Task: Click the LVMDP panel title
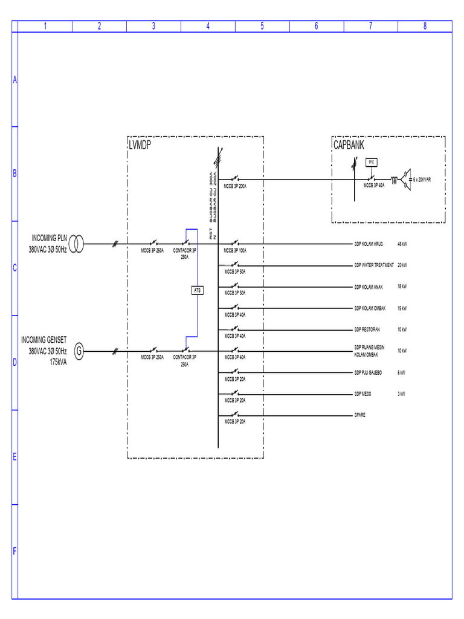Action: [x=140, y=146]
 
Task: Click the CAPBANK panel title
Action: [x=349, y=146]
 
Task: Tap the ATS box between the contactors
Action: [x=197, y=290]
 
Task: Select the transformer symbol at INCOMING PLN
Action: [x=76, y=244]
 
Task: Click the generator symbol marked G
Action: [x=79, y=351]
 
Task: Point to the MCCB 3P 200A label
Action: [x=235, y=186]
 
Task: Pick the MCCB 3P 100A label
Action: [x=235, y=250]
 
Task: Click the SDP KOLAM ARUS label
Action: [x=369, y=244]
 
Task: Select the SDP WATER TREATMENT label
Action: [x=374, y=265]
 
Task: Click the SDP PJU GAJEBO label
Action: [x=369, y=372]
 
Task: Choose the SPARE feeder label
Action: [x=360, y=415]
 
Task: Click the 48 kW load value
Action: [x=402, y=244]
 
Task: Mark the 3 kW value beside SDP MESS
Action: [x=401, y=394]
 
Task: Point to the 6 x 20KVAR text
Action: [x=422, y=180]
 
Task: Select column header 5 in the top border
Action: [x=262, y=26]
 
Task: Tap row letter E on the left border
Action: [x=14, y=457]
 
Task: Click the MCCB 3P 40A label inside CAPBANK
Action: [x=374, y=186]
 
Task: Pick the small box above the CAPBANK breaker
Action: [x=371, y=162]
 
